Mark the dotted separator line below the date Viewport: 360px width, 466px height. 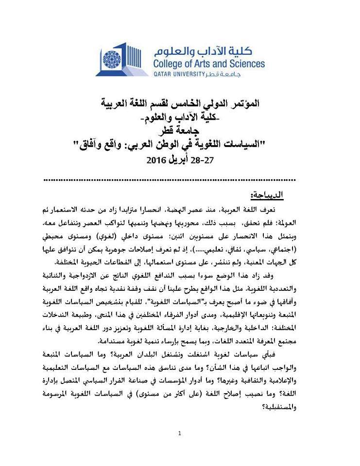(x=180, y=179)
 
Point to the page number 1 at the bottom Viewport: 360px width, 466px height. (x=180, y=433)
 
